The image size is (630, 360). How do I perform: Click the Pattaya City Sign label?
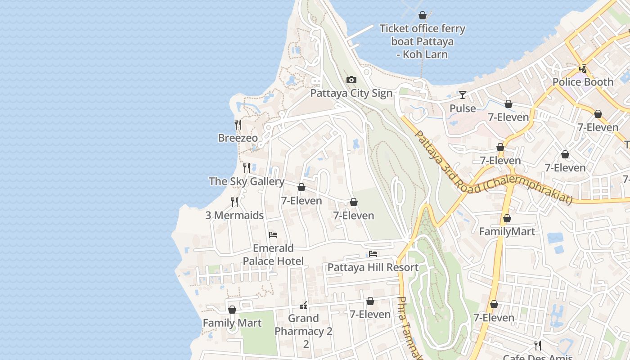(x=351, y=93)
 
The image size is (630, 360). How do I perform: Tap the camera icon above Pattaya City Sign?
(x=351, y=80)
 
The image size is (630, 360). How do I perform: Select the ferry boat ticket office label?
(x=422, y=41)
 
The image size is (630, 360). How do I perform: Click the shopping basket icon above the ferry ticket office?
(x=422, y=16)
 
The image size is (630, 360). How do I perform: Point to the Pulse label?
(x=463, y=108)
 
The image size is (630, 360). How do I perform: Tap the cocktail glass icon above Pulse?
(x=463, y=95)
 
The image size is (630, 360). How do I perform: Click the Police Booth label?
(x=583, y=82)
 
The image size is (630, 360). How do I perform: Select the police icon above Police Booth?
(x=583, y=69)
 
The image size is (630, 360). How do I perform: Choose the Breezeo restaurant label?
(x=238, y=138)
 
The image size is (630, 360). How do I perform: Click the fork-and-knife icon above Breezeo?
(x=238, y=124)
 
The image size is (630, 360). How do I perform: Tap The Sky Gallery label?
(x=247, y=181)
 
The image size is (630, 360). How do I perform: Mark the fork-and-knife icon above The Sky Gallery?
(x=247, y=168)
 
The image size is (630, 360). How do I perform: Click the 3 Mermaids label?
(x=234, y=215)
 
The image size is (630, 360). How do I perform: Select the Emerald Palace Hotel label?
(x=273, y=255)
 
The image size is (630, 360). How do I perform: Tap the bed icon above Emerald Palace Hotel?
(x=273, y=234)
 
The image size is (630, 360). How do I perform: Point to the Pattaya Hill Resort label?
(x=373, y=267)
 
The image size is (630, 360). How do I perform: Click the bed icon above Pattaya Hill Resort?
(x=373, y=254)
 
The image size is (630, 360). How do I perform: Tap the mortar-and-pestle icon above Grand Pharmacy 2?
(x=303, y=306)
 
